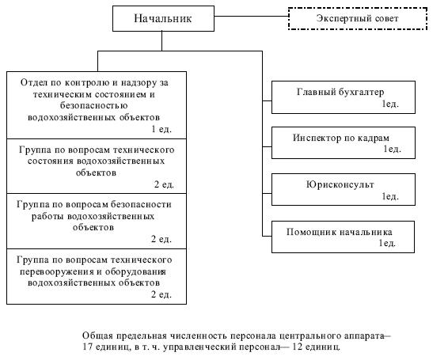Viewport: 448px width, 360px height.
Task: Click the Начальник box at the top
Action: (x=163, y=18)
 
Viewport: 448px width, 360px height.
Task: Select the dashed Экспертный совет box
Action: (x=358, y=18)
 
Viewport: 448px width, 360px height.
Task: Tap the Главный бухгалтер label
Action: (x=340, y=92)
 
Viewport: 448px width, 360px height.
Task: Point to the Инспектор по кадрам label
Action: (x=340, y=138)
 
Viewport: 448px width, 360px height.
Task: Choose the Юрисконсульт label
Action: (x=340, y=184)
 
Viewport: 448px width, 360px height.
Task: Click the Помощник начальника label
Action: (x=339, y=231)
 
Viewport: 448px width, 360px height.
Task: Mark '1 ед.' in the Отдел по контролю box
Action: (x=161, y=129)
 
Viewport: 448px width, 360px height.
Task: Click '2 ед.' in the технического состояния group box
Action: (x=164, y=184)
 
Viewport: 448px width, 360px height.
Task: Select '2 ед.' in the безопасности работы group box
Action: (x=161, y=239)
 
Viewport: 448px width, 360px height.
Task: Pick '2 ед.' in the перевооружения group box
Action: (x=161, y=294)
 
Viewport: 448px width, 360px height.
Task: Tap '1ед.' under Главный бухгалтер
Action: (x=390, y=104)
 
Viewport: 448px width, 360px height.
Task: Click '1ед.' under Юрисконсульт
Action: (x=390, y=196)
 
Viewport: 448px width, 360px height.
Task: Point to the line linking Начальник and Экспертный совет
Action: (x=251, y=16)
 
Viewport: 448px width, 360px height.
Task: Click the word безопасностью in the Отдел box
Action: (x=93, y=106)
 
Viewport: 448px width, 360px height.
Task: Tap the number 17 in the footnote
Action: (x=86, y=347)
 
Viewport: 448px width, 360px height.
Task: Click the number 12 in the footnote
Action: (x=298, y=347)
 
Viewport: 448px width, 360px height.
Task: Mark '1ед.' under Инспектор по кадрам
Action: (x=392, y=149)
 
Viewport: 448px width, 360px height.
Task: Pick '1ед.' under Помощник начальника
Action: (x=387, y=243)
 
